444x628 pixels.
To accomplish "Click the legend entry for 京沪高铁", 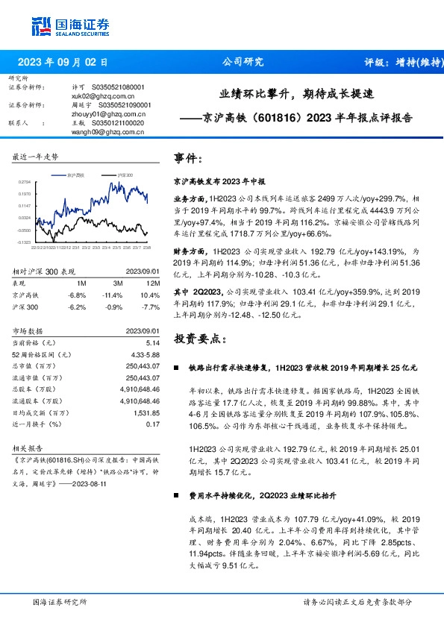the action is point(75,173).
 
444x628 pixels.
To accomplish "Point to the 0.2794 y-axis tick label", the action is point(25,181).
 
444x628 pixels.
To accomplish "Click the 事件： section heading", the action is point(187,159).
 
